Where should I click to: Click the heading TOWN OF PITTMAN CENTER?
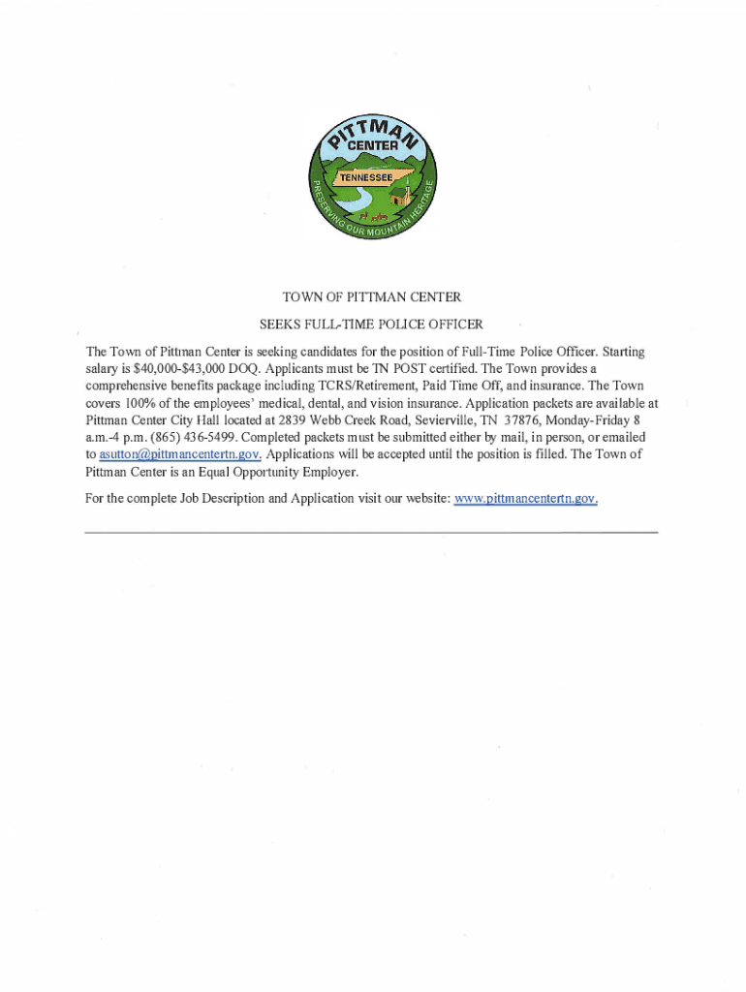373,296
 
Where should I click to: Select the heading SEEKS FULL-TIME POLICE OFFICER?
373,324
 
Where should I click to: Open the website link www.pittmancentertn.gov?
526,499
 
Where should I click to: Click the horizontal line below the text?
371,533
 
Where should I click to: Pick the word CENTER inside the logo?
373,145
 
